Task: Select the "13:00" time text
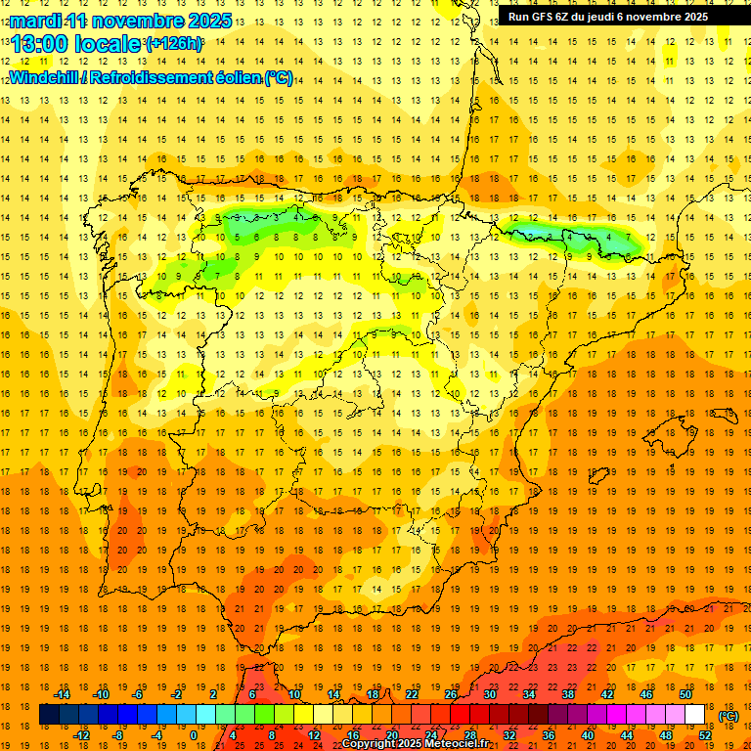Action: [x=41, y=44]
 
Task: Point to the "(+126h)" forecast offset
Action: [x=173, y=44]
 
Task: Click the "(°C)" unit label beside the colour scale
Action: [x=729, y=716]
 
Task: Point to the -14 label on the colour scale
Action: [x=63, y=694]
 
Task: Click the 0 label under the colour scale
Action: [x=193, y=735]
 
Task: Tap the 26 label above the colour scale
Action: [x=451, y=694]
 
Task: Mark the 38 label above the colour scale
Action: [x=568, y=694]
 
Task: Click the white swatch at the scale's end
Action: [x=695, y=715]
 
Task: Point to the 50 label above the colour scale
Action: [x=685, y=694]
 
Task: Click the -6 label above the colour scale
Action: [x=138, y=694]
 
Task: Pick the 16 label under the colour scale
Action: [x=353, y=735]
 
